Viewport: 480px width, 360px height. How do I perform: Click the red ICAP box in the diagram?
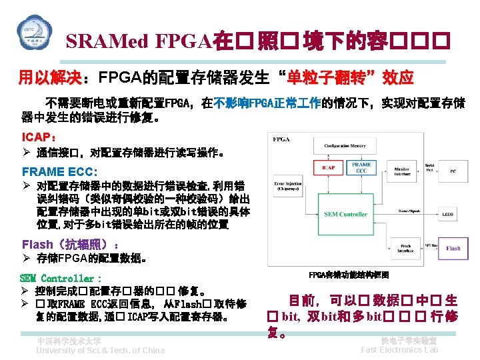point(328,167)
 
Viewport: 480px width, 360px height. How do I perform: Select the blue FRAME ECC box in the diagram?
point(362,167)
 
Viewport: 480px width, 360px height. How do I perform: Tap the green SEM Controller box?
point(345,214)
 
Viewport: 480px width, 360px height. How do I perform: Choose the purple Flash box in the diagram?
point(453,249)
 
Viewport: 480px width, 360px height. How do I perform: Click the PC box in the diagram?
point(453,171)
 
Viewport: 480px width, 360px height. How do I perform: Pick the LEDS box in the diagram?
point(448,215)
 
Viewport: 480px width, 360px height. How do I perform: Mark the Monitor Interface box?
point(401,172)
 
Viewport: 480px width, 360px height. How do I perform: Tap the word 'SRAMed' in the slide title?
point(107,42)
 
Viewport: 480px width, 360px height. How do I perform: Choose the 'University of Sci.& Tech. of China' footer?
point(101,351)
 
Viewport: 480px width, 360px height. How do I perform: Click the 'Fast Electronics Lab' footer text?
point(399,350)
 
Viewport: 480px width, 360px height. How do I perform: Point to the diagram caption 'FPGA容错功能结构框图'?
point(349,275)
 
